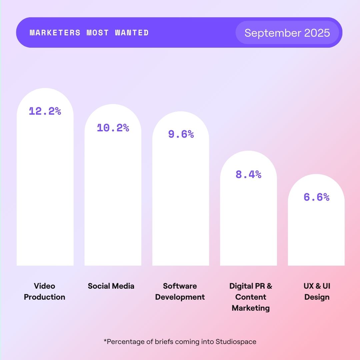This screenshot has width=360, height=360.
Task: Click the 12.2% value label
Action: [45, 111]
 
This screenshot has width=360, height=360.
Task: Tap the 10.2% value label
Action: [113, 128]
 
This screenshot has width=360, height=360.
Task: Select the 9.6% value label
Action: [181, 134]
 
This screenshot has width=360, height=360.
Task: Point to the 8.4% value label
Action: [248, 174]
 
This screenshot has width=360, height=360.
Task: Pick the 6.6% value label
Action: [316, 197]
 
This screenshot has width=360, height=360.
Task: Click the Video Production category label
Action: [45, 291]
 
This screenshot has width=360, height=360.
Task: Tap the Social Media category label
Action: [111, 286]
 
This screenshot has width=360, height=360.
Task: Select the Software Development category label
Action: [180, 291]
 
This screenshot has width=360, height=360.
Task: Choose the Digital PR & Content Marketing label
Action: [251, 297]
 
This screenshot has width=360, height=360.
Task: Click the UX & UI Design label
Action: [317, 291]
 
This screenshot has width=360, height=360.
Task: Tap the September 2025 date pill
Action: [287, 33]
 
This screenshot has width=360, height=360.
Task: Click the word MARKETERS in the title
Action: [55, 33]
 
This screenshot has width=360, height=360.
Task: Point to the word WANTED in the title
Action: [132, 33]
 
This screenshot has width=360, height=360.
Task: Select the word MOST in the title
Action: [98, 33]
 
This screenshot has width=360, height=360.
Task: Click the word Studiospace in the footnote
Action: [236, 341]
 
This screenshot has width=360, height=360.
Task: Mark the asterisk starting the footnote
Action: [105, 341]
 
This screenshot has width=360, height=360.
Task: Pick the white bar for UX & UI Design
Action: [316, 233]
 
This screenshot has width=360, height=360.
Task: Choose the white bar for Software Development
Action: [181, 207]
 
